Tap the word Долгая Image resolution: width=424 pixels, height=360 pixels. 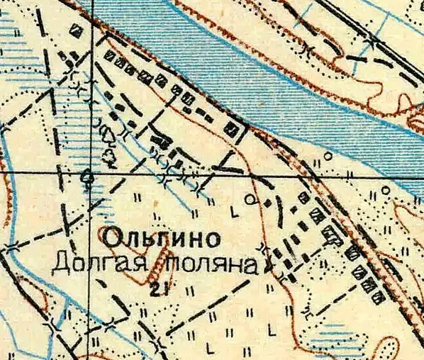(x=97, y=264)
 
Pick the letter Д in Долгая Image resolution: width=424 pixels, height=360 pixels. (x=61, y=264)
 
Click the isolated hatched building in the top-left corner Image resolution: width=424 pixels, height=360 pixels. (x=75, y=30)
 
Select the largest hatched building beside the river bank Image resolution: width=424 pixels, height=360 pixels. (x=231, y=128)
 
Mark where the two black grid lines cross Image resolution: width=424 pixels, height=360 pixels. (x=89, y=172)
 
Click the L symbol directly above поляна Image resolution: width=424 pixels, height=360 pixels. (x=235, y=211)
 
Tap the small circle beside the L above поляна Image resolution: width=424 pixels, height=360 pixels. (x=249, y=199)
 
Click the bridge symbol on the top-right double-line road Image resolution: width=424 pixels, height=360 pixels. (x=370, y=41)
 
